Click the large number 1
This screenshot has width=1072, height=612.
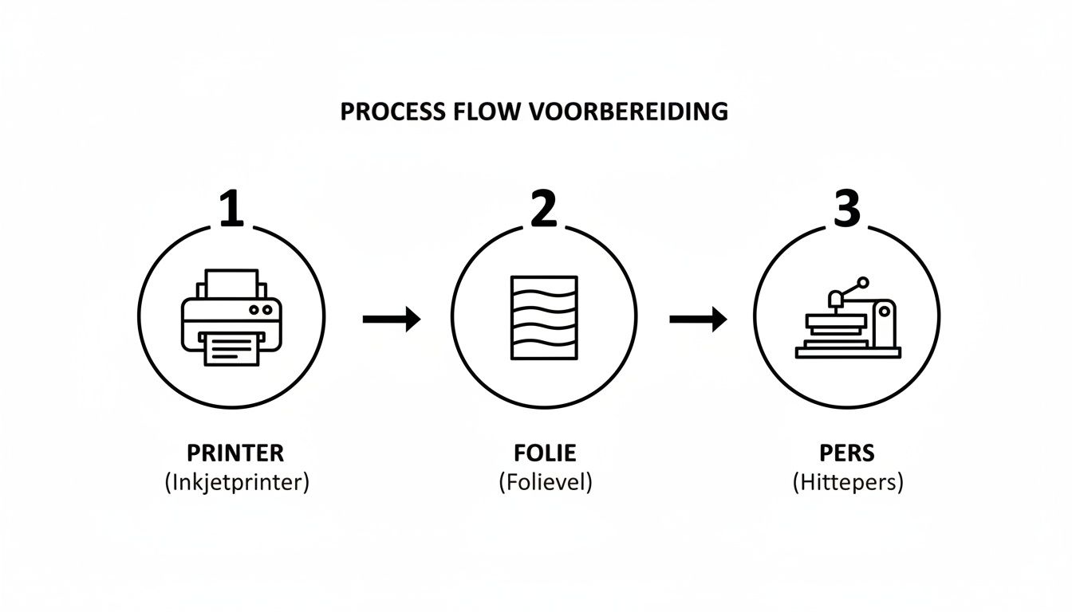(231, 209)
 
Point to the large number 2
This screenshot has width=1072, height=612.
(542, 209)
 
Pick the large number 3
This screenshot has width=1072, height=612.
(846, 209)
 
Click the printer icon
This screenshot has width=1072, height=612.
(231, 317)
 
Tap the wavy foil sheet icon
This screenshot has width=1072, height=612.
(543, 316)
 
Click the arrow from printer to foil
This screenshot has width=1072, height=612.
(391, 320)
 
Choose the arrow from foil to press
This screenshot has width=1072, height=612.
(697, 320)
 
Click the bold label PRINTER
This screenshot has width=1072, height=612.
(235, 453)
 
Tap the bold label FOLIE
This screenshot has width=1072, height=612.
(545, 453)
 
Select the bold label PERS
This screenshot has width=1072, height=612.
(847, 453)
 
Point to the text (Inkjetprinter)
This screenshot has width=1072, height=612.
(236, 483)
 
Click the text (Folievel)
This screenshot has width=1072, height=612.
(545, 483)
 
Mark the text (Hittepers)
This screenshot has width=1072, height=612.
(847, 483)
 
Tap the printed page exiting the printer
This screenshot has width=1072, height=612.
(232, 349)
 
